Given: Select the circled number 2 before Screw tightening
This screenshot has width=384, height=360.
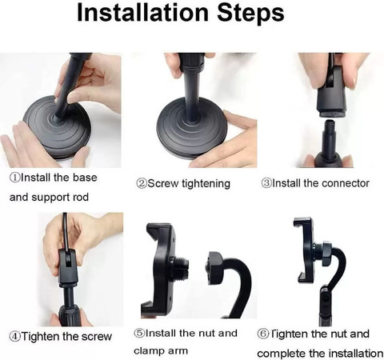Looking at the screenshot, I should pyautogui.click(x=142, y=183).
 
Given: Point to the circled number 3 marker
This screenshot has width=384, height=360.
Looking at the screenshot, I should pyautogui.click(x=267, y=183).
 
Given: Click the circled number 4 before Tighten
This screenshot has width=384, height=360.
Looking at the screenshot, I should pyautogui.click(x=14, y=336).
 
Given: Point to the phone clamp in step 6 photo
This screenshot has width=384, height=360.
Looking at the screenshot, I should pyautogui.click(x=307, y=252).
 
